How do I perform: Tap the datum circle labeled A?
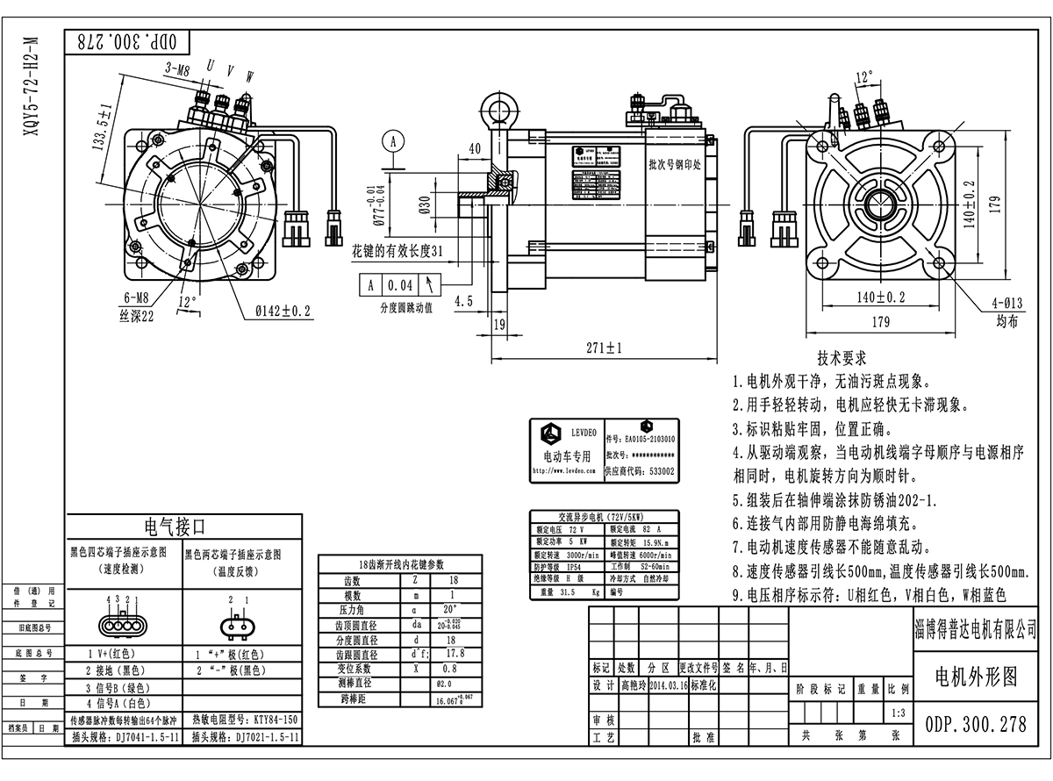[394, 140]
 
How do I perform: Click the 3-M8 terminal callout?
[177, 68]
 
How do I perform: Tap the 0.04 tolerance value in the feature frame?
[400, 285]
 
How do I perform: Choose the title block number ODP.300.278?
[975, 725]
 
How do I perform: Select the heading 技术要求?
[842, 359]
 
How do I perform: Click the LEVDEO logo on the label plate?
[551, 434]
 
